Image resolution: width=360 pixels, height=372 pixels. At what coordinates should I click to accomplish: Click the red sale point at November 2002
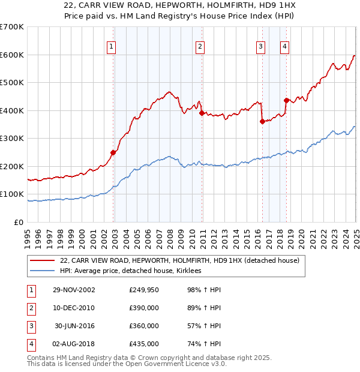[x=113, y=152]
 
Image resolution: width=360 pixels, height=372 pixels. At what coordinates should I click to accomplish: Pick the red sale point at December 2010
[x=202, y=113]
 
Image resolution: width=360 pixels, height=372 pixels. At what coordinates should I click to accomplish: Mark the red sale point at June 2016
[x=262, y=121]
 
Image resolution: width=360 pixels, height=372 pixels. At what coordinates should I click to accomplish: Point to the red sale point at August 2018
[x=286, y=100]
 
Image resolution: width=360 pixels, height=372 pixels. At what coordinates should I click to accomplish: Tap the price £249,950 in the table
[x=144, y=290]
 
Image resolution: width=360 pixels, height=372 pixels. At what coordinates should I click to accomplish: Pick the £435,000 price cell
[x=144, y=344]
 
